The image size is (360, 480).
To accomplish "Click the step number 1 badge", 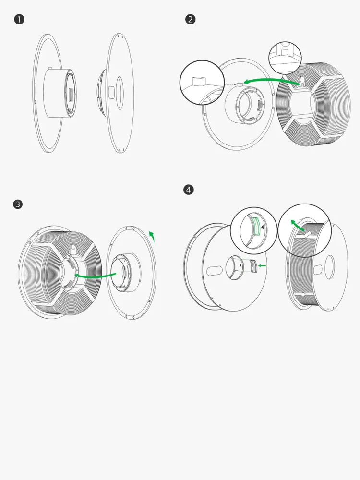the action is [x=19, y=20].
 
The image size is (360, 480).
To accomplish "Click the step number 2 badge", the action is [x=191, y=19].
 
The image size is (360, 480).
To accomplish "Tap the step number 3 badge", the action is [x=18, y=204].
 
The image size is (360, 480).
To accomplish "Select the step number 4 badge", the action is [x=189, y=190].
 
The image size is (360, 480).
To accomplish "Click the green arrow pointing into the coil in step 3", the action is [x=95, y=276].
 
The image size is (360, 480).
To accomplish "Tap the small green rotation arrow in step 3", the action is [x=152, y=236].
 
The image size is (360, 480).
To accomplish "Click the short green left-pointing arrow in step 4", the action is [x=262, y=266].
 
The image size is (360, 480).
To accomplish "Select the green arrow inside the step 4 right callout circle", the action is [x=297, y=225].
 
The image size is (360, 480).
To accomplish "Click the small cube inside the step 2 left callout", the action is [x=198, y=81].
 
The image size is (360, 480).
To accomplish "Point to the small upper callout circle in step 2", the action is [x=285, y=58].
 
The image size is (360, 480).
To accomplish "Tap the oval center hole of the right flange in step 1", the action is [x=120, y=93].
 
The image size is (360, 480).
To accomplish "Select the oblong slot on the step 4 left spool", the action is [x=215, y=271].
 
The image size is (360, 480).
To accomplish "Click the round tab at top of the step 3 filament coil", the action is [x=72, y=248].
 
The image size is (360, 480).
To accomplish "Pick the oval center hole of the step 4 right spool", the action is [x=329, y=267].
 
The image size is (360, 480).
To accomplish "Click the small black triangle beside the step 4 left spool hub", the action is [x=240, y=266].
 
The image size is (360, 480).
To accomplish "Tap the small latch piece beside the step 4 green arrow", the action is [x=253, y=266].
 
